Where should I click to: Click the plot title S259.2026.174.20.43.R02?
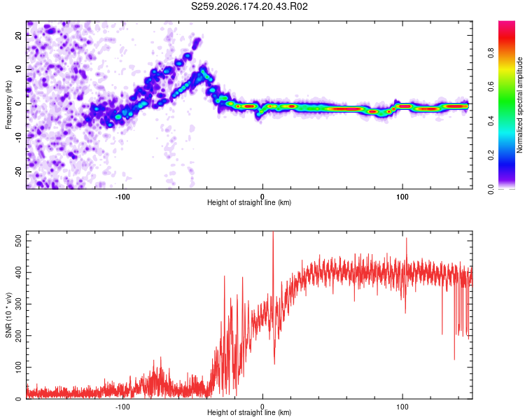[x=249, y=6]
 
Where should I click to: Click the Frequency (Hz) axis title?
[x=8, y=105]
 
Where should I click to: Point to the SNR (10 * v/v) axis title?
[x=8, y=315]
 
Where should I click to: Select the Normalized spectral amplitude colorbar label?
[x=519, y=105]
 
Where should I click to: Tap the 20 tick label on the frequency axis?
[x=18, y=36]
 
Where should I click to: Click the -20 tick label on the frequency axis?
[x=18, y=172]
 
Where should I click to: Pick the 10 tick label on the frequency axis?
[x=18, y=70]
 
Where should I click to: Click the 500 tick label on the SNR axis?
[x=18, y=241]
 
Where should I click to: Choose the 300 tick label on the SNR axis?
[x=18, y=304]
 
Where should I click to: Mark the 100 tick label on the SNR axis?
[x=18, y=367]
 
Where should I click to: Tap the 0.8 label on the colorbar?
[x=491, y=53]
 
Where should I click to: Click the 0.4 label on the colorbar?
[x=491, y=121]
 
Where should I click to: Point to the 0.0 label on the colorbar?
[x=491, y=189]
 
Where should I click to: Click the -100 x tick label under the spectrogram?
[x=122, y=197]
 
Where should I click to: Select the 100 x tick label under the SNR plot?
[x=402, y=407]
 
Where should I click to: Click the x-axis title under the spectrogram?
[x=249, y=202]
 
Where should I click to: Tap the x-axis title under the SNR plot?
[x=249, y=412]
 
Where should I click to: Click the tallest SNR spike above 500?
[x=273, y=232]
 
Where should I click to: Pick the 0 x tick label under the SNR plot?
[x=262, y=407]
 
